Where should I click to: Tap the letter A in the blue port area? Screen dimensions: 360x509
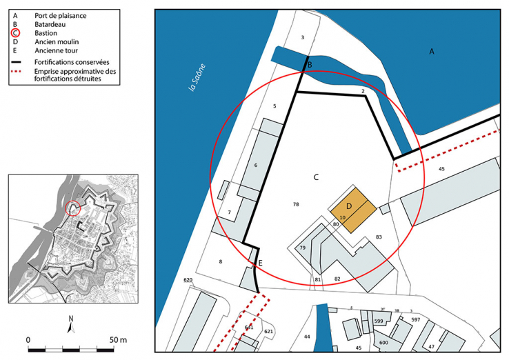click(432, 52)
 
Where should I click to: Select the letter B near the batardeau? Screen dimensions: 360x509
click(310, 65)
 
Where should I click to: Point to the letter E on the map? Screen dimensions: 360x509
click(260, 263)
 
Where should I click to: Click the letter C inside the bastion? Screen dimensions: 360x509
click(316, 177)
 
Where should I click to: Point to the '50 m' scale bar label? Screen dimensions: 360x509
click(118, 340)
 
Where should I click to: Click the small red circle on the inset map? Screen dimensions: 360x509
click(72, 207)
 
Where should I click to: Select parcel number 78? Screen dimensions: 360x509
click(296, 205)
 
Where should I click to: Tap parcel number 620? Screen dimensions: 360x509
click(187, 281)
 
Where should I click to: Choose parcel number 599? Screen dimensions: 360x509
click(378, 321)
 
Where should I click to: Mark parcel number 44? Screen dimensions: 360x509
click(307, 336)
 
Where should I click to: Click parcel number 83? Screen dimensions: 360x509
click(379, 237)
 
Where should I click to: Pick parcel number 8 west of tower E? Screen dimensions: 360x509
click(221, 262)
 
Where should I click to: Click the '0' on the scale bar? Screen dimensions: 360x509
click(28, 340)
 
